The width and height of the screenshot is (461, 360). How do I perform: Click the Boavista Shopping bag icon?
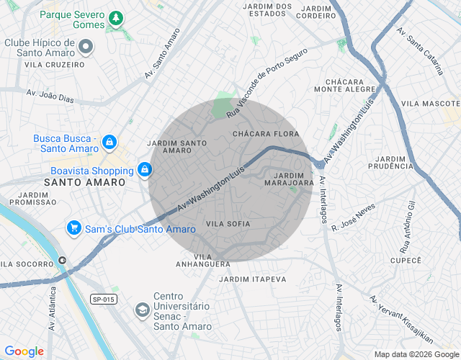[145, 171]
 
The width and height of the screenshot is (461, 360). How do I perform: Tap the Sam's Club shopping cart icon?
[73, 229]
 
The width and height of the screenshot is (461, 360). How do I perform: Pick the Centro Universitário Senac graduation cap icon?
[143, 309]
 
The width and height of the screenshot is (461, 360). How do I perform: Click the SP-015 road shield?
[103, 299]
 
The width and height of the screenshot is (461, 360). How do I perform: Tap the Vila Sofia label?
[228, 224]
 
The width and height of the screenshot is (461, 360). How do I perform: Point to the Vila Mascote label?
[430, 104]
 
